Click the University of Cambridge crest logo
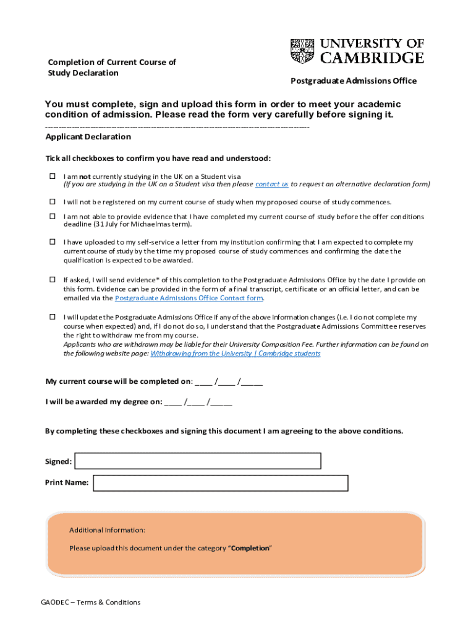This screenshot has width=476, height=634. coord(302,51)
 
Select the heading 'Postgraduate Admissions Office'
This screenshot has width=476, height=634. coord(354,81)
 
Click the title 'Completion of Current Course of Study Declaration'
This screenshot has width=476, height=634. coord(112,67)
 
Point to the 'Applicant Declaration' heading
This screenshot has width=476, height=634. coord(88,137)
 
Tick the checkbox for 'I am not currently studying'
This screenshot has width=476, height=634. coord(53,176)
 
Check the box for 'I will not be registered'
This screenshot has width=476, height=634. coord(53,202)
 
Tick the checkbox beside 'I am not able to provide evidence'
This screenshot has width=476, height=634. coord(53,217)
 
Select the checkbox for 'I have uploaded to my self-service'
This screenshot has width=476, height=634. coord(53,242)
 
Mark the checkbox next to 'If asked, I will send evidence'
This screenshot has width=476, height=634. coord(53,280)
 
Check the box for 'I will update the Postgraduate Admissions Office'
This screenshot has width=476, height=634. coord(53,317)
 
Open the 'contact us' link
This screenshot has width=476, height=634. coord(272,184)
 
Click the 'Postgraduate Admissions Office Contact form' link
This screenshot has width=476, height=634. coord(189,298)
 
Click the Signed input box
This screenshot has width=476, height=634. coord(198,461)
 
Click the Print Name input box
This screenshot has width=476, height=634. coord(220,483)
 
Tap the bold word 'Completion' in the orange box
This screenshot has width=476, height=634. coord(250,549)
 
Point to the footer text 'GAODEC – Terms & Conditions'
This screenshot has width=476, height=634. coord(91,602)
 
